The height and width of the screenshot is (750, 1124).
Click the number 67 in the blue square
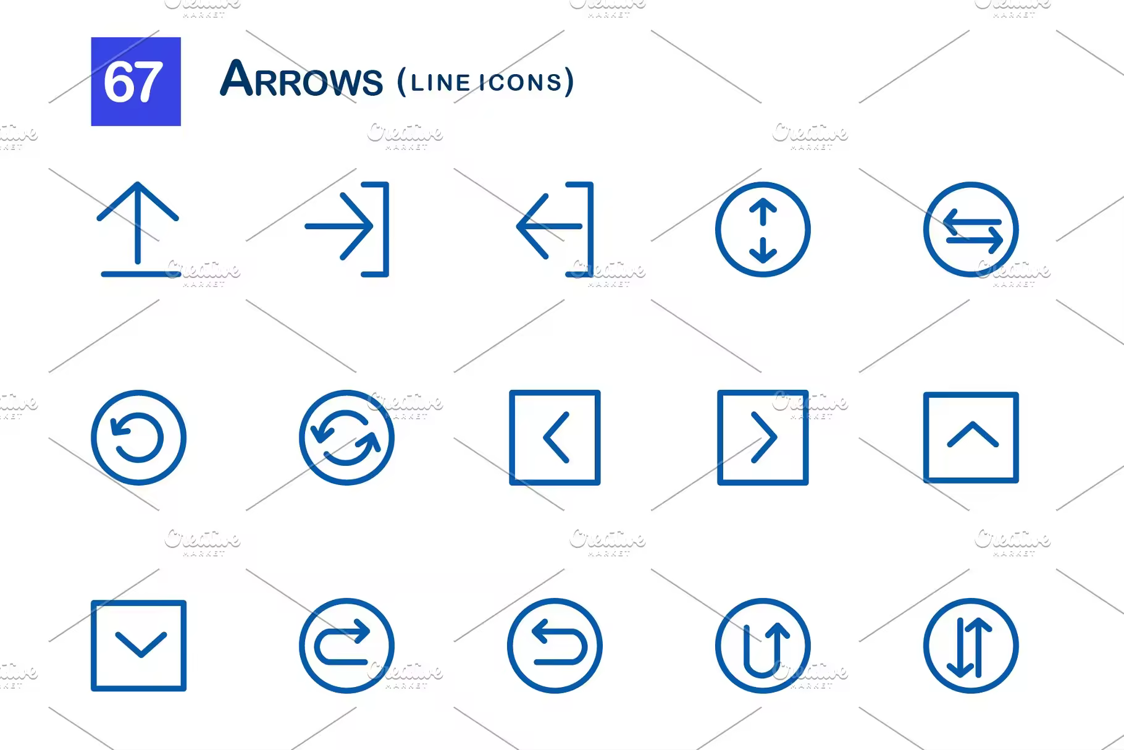click(x=133, y=82)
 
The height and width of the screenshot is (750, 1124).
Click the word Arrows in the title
click(x=301, y=80)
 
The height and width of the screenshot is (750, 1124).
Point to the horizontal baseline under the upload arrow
click(x=141, y=274)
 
